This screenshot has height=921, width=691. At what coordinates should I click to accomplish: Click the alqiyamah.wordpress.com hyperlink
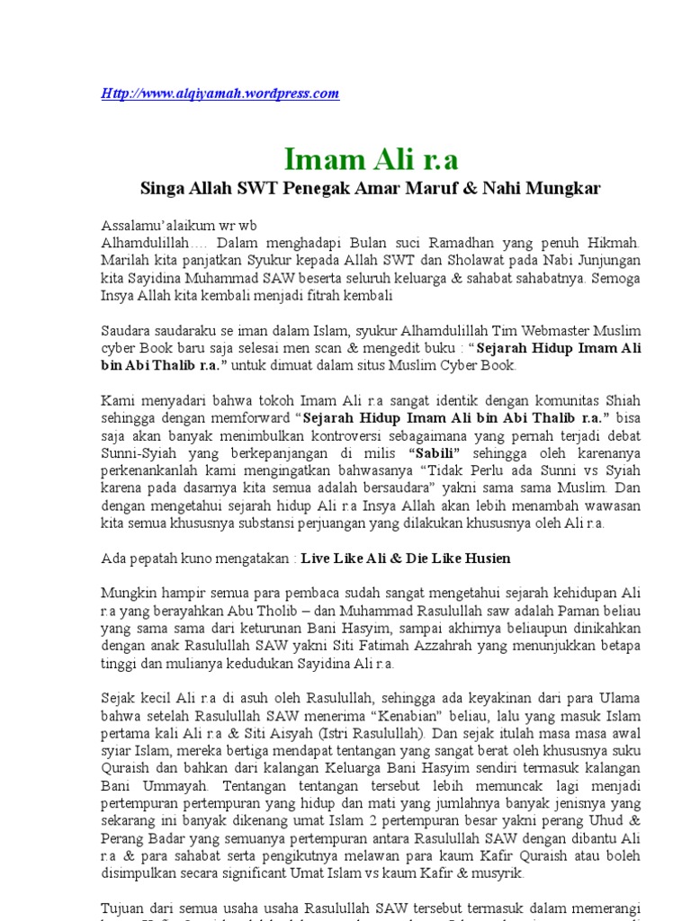click(220, 94)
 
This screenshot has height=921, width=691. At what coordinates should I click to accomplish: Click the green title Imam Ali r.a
click(371, 159)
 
